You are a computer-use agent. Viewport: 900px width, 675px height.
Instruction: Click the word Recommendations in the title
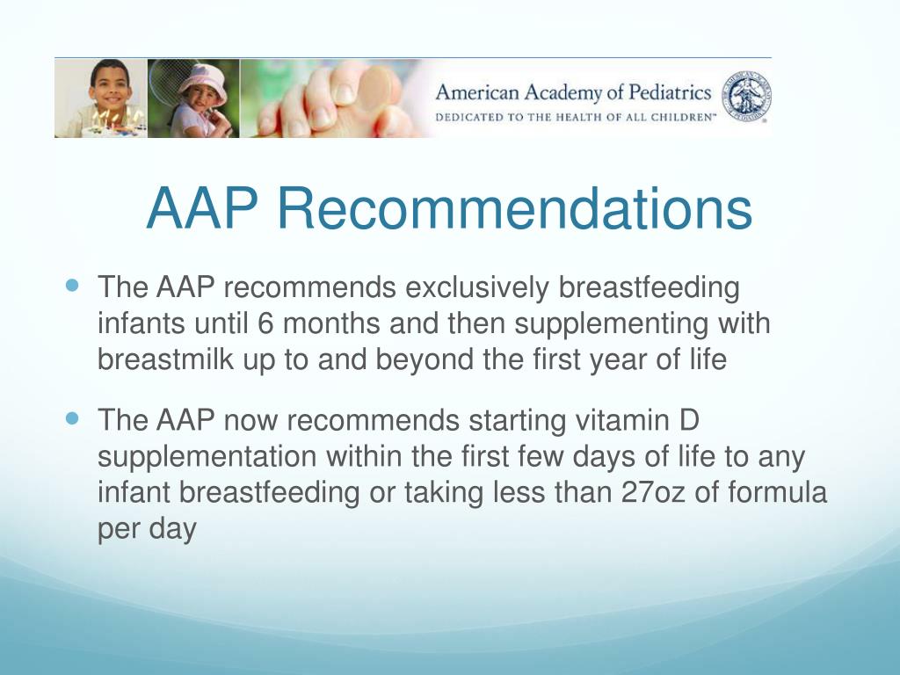[x=514, y=209]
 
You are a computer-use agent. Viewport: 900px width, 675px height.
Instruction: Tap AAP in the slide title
[x=203, y=209]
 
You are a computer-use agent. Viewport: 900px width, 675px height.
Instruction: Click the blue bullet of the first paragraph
[x=73, y=286]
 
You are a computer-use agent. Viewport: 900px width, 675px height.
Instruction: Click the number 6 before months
[x=266, y=323]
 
